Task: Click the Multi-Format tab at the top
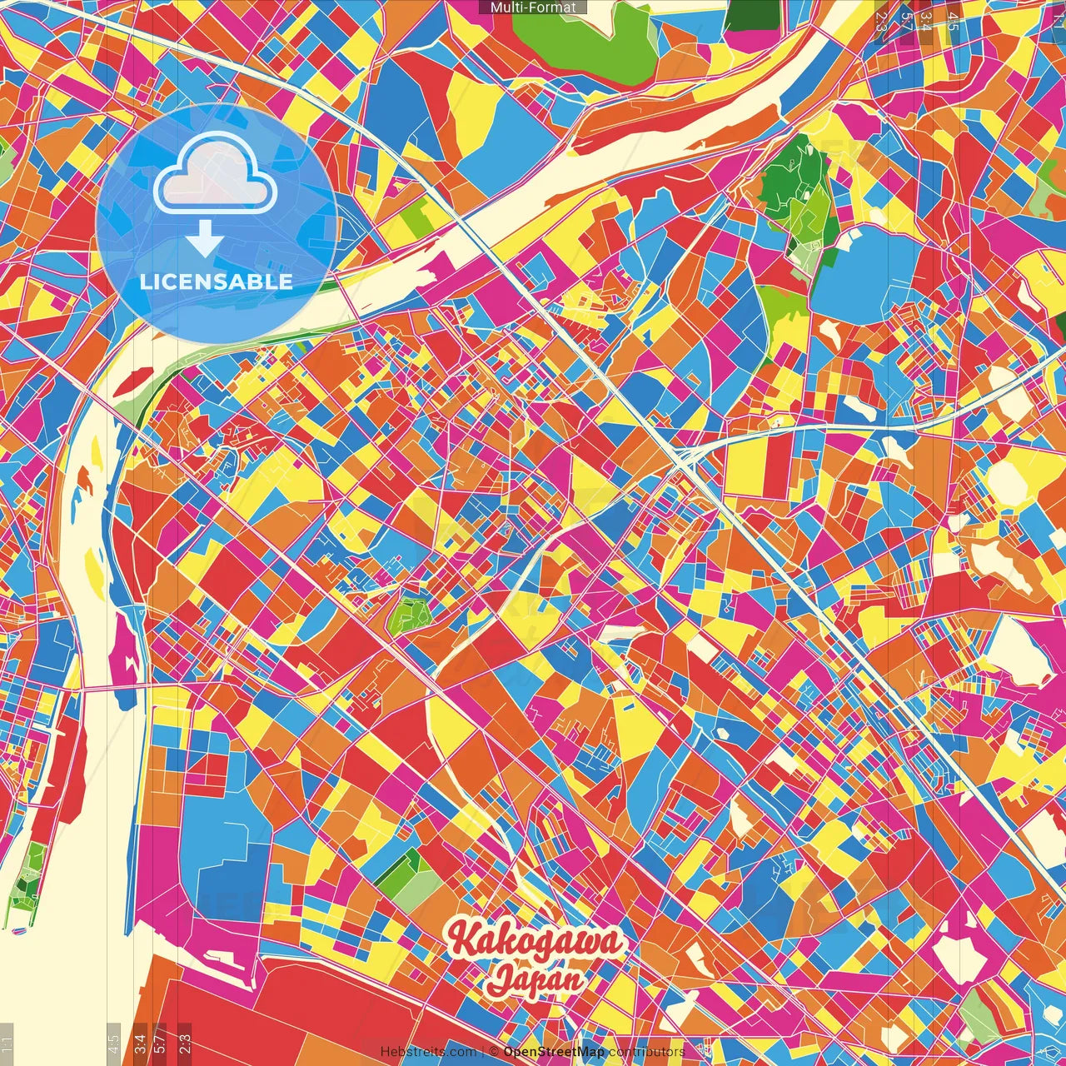[533, 7]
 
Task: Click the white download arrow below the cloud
[204, 239]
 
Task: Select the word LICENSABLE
[217, 281]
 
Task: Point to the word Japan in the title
[535, 979]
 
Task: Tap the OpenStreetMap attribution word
[554, 1052]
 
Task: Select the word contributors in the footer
[646, 1052]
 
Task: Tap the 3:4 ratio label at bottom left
[140, 1041]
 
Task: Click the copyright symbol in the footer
[494, 1052]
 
